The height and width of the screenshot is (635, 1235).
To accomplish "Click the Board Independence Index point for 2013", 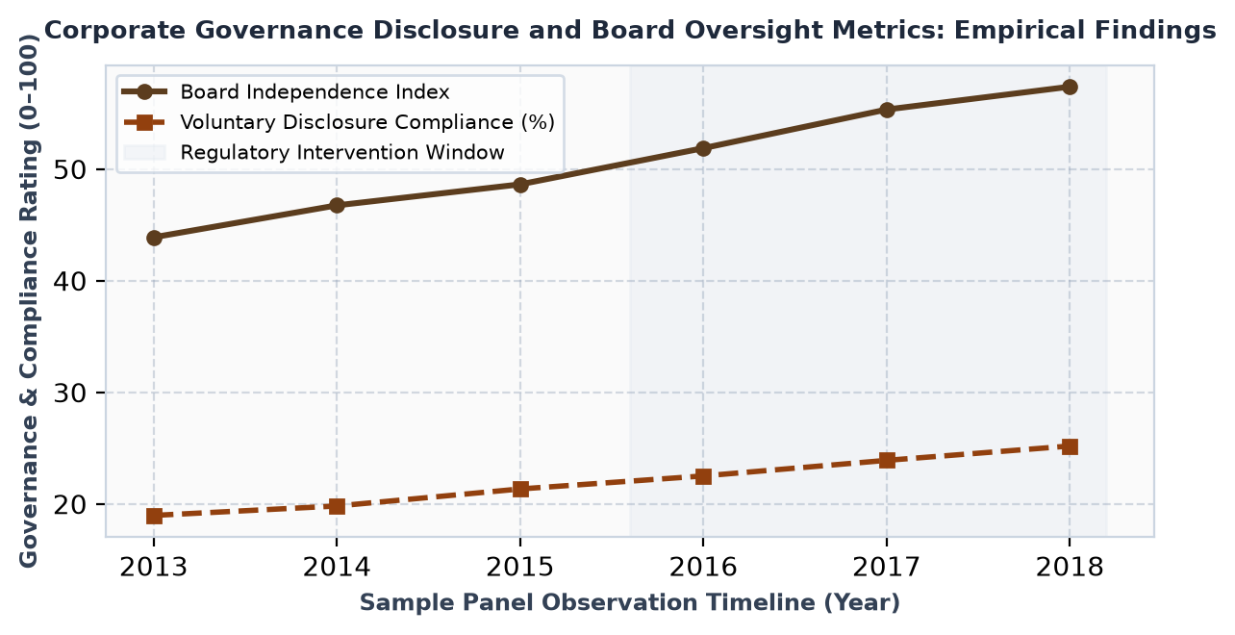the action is [x=154, y=238].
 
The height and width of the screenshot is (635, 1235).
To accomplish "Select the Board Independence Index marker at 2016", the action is [x=703, y=148].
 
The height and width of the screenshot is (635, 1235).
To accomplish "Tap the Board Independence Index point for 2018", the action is [x=1070, y=87].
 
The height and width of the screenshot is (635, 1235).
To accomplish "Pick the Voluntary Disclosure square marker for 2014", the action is [x=337, y=506].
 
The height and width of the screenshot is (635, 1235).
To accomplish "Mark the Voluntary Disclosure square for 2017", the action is [x=887, y=460].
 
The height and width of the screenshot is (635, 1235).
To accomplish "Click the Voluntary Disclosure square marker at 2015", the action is [x=520, y=489].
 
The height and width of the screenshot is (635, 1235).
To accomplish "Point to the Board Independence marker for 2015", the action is [x=520, y=185].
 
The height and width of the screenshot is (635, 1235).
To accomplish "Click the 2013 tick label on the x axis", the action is [x=154, y=567].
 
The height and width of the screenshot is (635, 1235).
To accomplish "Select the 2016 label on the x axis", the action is [x=703, y=567].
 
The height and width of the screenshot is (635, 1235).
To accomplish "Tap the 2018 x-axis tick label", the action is [x=1070, y=567].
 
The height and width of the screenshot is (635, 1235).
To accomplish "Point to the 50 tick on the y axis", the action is [x=70, y=169].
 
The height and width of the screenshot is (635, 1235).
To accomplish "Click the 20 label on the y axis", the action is [x=70, y=504].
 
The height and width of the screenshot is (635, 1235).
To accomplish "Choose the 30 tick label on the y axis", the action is [x=70, y=393].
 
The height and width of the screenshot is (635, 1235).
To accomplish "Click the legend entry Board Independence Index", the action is [x=315, y=91].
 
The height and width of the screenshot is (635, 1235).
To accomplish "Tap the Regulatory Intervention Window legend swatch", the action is [x=144, y=152].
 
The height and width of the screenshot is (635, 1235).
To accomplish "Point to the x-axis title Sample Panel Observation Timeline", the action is [x=587, y=602].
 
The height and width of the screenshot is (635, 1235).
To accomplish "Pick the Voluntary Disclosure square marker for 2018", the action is [x=1070, y=446].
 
